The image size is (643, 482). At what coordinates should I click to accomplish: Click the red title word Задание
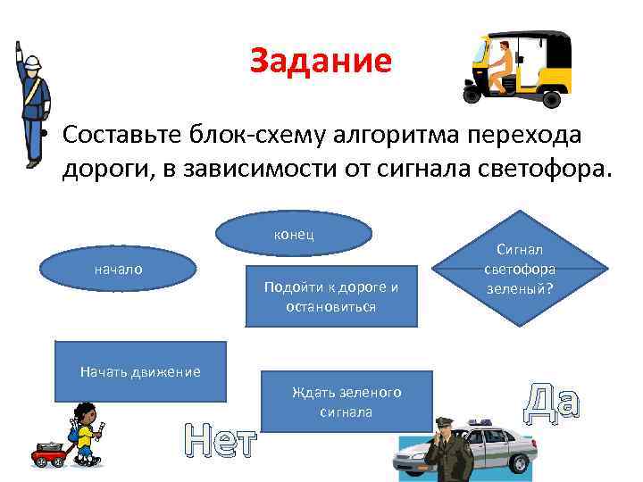tap(321, 61)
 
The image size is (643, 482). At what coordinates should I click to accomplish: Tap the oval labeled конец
tap(294, 233)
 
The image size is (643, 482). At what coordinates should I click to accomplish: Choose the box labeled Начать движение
tap(139, 371)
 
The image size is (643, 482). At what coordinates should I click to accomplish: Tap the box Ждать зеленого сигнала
tap(347, 402)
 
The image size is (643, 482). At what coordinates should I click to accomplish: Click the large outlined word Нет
tap(220, 441)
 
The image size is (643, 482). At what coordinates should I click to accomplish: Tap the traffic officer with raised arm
tap(32, 103)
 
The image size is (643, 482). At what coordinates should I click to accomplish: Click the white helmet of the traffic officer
tap(30, 65)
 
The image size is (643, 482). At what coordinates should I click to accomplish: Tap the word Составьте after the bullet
tap(120, 135)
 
